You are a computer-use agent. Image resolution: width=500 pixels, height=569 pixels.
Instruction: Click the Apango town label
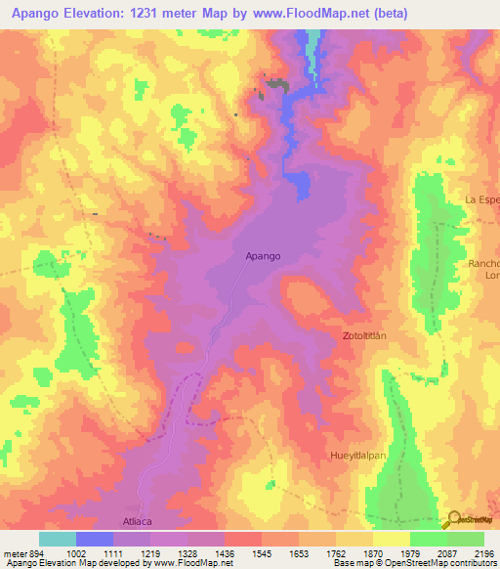click(x=263, y=256)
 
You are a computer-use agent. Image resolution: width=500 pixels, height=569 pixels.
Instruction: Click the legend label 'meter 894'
click(x=24, y=553)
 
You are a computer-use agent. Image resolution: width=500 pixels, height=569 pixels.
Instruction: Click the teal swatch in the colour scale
click(x=58, y=539)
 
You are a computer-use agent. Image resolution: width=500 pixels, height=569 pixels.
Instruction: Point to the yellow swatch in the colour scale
click(x=392, y=539)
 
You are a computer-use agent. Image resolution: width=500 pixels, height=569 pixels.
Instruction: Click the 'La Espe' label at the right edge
click(x=482, y=199)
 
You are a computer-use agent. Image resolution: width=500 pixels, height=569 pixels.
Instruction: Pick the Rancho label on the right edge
click(x=483, y=264)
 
